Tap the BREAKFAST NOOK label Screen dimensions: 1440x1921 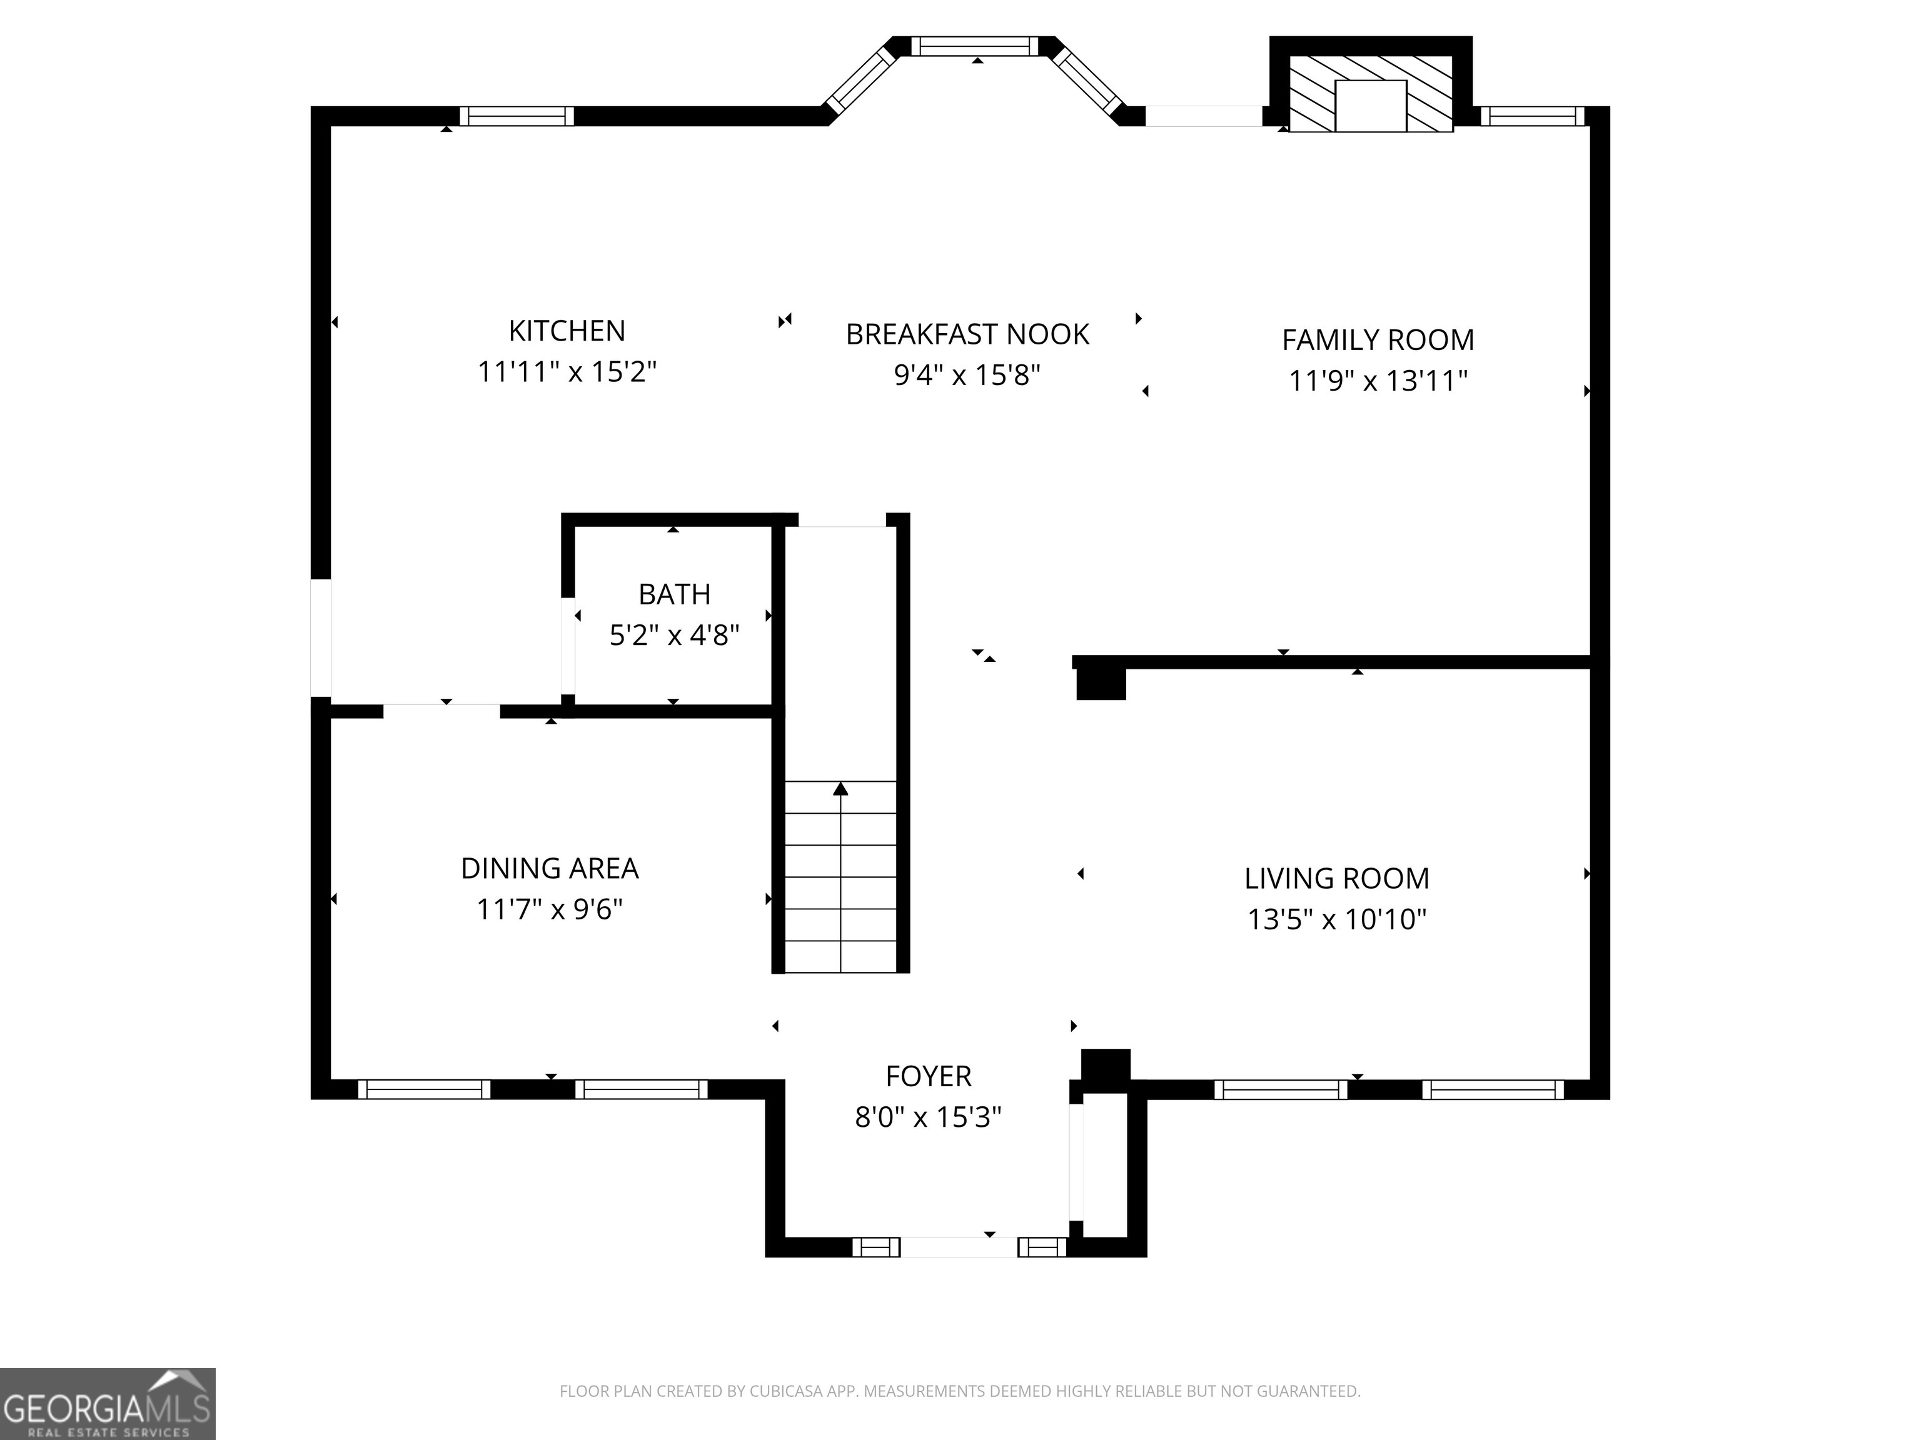click(x=967, y=334)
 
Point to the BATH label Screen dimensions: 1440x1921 click(x=674, y=594)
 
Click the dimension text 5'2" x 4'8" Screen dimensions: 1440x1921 click(x=674, y=636)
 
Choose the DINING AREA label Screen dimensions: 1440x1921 click(x=549, y=868)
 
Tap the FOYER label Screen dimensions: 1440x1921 click(x=929, y=1076)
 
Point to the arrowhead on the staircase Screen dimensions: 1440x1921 click(x=840, y=789)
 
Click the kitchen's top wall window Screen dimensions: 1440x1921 click(x=517, y=116)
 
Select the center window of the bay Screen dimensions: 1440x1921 click(x=974, y=46)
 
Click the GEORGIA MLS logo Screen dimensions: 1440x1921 click(x=107, y=1404)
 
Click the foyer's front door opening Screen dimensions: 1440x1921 click(x=959, y=1247)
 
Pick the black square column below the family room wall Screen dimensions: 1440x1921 click(x=1101, y=683)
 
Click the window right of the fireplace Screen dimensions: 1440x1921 click(x=1532, y=116)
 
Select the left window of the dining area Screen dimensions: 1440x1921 click(x=424, y=1089)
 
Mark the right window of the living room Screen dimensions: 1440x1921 click(x=1492, y=1089)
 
